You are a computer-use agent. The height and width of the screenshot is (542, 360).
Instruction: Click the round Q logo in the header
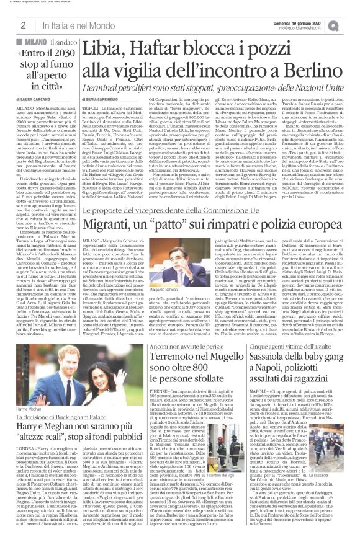point(351,24)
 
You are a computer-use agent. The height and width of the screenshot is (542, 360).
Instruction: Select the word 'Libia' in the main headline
point(109,48)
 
